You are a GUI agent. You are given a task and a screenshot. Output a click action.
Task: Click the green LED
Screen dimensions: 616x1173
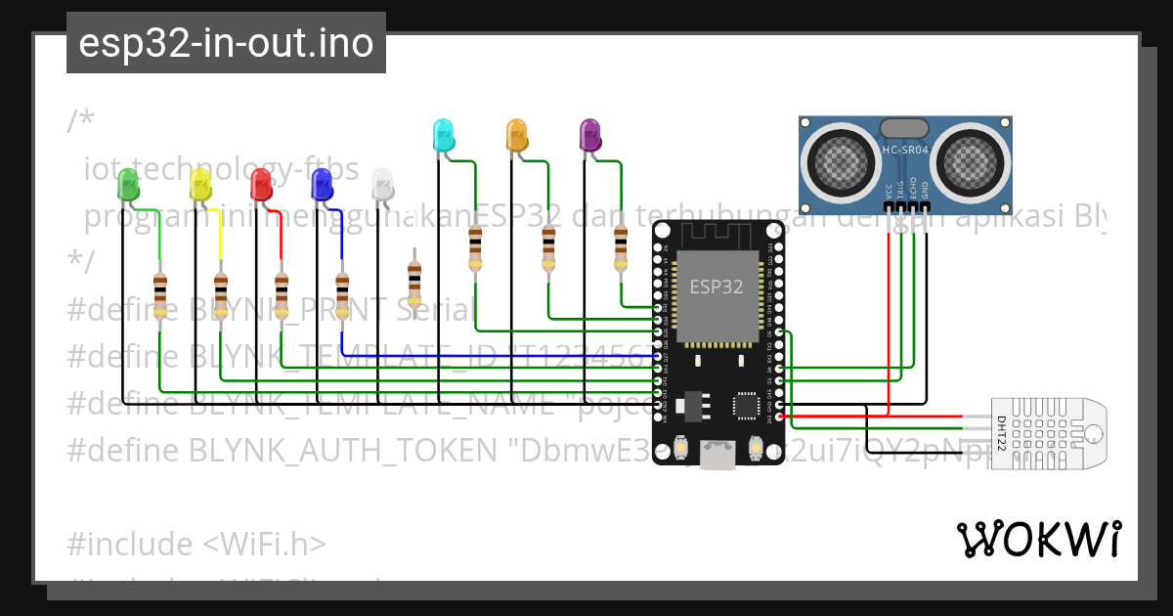[128, 185]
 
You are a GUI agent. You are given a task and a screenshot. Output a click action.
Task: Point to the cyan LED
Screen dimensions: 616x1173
[443, 136]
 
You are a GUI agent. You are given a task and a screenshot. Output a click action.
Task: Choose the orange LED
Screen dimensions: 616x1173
[515, 136]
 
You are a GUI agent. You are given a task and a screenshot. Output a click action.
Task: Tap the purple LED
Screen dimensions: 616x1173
[588, 136]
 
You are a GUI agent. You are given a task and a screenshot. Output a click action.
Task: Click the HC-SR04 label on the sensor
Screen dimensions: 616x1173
[904, 150]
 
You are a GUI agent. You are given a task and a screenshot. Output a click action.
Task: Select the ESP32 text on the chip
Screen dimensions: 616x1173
[716, 286]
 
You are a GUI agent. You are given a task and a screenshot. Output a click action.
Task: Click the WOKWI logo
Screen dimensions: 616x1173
[1038, 540]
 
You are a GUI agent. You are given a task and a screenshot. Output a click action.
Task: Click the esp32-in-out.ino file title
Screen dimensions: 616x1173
[226, 43]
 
